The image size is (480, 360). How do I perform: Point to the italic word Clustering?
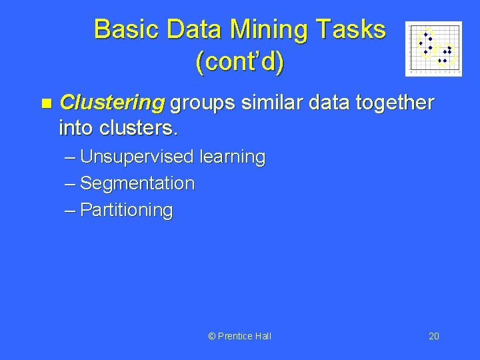(112, 103)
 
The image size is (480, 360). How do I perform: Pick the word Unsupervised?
(135, 157)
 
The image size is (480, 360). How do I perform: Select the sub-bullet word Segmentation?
(137, 183)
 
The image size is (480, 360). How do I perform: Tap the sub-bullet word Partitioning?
(126, 210)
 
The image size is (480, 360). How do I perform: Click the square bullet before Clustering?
(45, 104)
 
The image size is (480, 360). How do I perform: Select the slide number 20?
(433, 336)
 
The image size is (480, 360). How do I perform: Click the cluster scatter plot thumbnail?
(433, 49)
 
